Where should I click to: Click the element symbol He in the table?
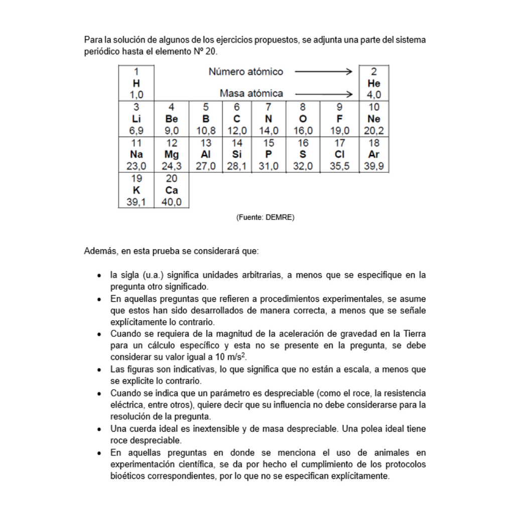coord(374,83)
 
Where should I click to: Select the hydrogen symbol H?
coord(136,83)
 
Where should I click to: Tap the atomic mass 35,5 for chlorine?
coord(340,167)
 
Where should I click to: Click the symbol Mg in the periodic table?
coord(171,155)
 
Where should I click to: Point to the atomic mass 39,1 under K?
coord(136,202)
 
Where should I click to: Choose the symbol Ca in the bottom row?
coord(171,191)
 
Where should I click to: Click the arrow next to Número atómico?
coord(324,72)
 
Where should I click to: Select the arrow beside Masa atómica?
coord(324,93)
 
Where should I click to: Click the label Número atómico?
coord(245,72)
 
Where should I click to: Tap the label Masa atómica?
coord(251,93)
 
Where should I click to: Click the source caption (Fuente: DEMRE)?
coord(265,217)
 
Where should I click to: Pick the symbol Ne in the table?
coord(374,119)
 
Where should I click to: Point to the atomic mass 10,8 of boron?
coord(206,131)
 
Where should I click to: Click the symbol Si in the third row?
coord(236,155)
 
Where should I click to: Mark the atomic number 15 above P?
coord(269,143)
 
